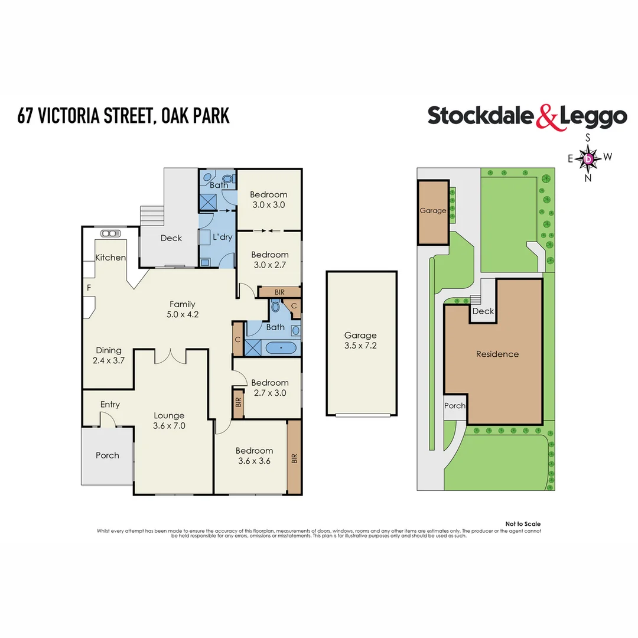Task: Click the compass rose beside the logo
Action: coord(588,158)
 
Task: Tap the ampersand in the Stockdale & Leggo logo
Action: coord(547,117)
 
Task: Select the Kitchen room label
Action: coord(111,258)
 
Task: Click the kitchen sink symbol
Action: coord(109,233)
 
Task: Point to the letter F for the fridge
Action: coord(89,288)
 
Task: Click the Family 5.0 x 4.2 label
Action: coord(182,309)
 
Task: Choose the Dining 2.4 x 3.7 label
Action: coord(109,355)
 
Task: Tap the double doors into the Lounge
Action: coord(171,356)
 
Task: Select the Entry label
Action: coord(110,405)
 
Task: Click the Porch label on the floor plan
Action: coord(108,455)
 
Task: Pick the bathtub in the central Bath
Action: coord(281,348)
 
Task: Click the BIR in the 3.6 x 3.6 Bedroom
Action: coord(294,458)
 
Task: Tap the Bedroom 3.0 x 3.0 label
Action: coord(268,200)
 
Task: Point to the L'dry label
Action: coord(222,237)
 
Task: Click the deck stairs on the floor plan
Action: coord(151,216)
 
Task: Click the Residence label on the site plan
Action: coord(497,354)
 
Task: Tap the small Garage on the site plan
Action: coord(433,211)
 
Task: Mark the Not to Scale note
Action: coord(523,524)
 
